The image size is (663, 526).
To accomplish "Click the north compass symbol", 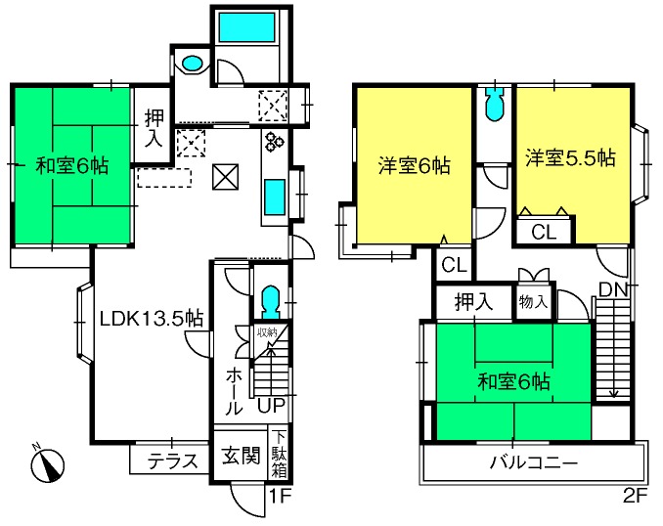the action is [x=47, y=463].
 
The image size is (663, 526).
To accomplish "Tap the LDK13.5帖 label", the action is [x=152, y=319].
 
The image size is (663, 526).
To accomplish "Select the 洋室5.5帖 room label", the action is [x=570, y=157].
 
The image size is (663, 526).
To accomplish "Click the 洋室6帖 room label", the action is [x=415, y=165].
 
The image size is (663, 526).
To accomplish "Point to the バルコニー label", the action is [x=534, y=462].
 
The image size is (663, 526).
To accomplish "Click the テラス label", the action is [x=173, y=460].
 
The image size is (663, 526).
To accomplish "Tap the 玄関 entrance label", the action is [x=241, y=456].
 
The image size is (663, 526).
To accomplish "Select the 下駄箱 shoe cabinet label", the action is [x=279, y=455].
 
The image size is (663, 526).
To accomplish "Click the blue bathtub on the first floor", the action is [x=247, y=27].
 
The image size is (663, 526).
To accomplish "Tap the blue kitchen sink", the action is [x=275, y=197].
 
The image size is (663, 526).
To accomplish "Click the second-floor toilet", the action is [x=494, y=105].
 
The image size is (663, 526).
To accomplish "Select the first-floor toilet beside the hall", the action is [x=271, y=302].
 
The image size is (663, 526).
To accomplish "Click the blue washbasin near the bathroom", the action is [x=192, y=65].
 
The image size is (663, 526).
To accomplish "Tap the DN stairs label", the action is [x=613, y=289].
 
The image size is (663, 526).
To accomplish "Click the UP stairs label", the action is [x=271, y=405].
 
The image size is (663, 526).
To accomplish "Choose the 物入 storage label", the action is [x=533, y=302].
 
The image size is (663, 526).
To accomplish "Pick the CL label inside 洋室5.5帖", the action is [x=544, y=232].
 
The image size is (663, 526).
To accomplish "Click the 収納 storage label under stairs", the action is [x=267, y=332].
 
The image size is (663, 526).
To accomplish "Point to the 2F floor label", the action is [x=635, y=496].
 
